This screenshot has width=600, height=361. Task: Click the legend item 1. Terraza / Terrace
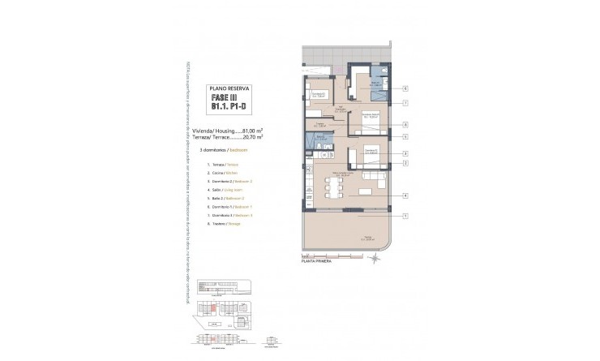(226, 165)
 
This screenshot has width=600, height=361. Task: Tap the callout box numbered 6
(405, 89)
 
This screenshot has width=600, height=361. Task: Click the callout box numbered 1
(405, 215)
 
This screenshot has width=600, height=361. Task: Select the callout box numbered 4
(405, 195)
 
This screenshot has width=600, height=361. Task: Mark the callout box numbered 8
(405, 125)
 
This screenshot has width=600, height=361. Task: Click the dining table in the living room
(332, 187)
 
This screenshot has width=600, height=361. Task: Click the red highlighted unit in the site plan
(214, 307)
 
